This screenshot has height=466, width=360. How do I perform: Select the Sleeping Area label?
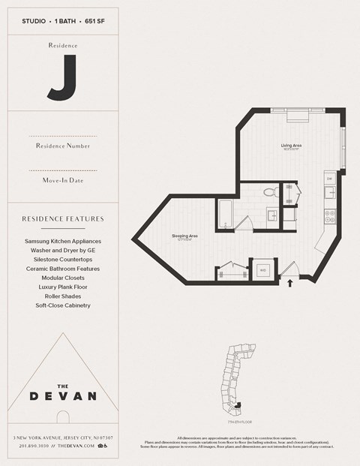(184, 236)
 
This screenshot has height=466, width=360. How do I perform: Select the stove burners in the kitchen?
(329, 216)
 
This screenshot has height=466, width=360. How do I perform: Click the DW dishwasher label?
(328, 179)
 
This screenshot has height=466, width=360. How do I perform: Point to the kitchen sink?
(329, 194)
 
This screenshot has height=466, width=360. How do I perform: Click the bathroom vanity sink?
(272, 217)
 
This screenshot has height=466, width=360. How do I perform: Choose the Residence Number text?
(62, 145)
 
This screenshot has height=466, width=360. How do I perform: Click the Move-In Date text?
(62, 180)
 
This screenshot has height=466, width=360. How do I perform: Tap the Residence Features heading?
(62, 219)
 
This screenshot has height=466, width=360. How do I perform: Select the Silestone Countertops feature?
(62, 260)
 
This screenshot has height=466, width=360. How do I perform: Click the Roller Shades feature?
(62, 296)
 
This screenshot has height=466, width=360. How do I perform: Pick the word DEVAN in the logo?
(62, 395)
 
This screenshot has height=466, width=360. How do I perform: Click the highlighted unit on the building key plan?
(237, 404)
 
